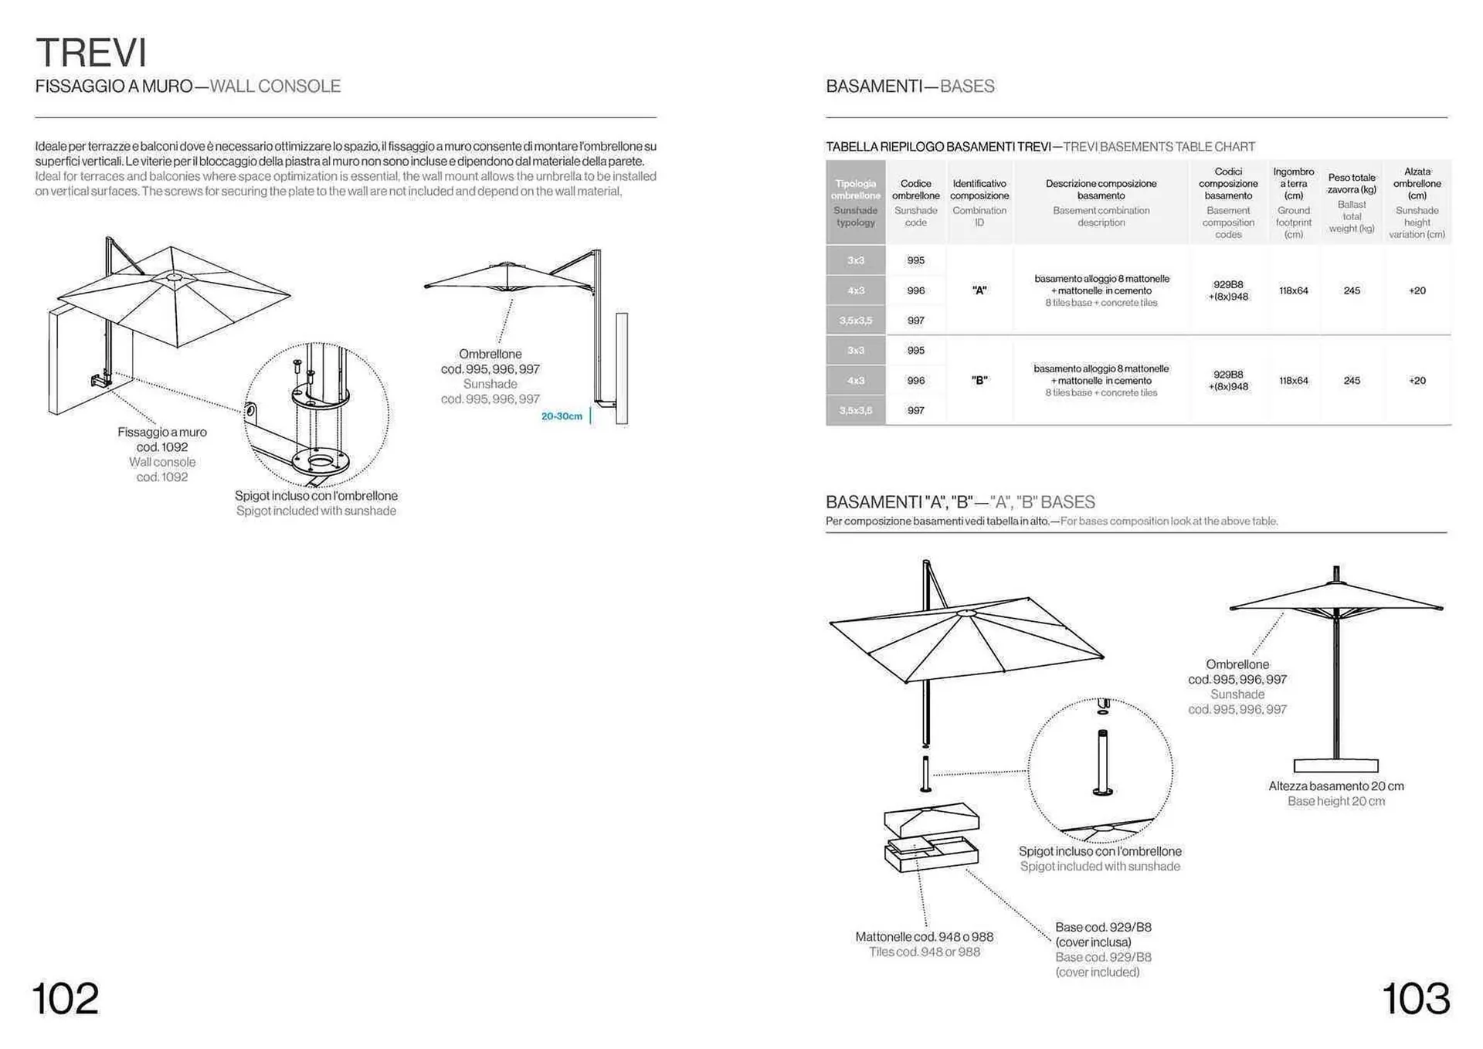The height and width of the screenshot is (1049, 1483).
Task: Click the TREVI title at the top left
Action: click(91, 53)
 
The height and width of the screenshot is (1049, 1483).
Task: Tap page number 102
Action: click(66, 998)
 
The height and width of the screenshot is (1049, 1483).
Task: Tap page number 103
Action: click(1415, 998)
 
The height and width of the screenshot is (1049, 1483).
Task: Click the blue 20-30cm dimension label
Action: click(562, 416)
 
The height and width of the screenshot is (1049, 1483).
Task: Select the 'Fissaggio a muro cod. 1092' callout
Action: click(162, 440)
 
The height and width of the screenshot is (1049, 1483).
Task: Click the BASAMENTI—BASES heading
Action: click(910, 86)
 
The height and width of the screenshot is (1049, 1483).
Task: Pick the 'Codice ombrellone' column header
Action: click(915, 190)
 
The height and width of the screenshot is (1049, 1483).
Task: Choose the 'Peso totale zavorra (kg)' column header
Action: click(1352, 184)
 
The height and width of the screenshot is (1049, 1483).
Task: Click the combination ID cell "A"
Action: click(979, 290)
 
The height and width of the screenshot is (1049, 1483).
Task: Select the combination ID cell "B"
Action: click(979, 380)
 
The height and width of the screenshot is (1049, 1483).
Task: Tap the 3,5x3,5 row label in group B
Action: click(855, 410)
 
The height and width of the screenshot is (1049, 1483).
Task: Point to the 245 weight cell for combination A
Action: click(1352, 290)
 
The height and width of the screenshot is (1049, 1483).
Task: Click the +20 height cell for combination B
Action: click(1417, 380)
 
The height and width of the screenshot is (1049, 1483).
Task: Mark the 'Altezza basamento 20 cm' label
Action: click(1335, 786)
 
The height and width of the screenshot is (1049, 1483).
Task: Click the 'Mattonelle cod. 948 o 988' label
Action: click(924, 937)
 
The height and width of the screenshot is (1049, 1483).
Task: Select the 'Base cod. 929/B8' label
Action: click(1103, 927)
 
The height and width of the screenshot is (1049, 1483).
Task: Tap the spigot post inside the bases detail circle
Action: click(1102, 761)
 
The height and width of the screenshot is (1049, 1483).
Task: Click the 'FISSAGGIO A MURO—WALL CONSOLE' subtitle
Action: click(188, 86)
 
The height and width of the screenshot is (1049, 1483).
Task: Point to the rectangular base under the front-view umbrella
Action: click(1335, 766)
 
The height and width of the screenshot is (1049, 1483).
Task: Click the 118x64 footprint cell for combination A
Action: click(1293, 290)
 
